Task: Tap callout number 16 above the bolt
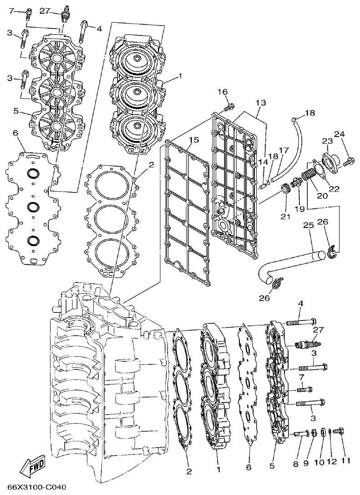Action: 222,92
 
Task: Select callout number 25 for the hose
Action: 308,226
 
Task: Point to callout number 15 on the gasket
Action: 193,139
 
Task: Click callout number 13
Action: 260,103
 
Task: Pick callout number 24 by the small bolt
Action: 339,134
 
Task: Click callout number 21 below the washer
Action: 285,217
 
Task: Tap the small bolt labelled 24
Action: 349,160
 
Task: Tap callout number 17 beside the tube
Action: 284,150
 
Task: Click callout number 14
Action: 262,162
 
